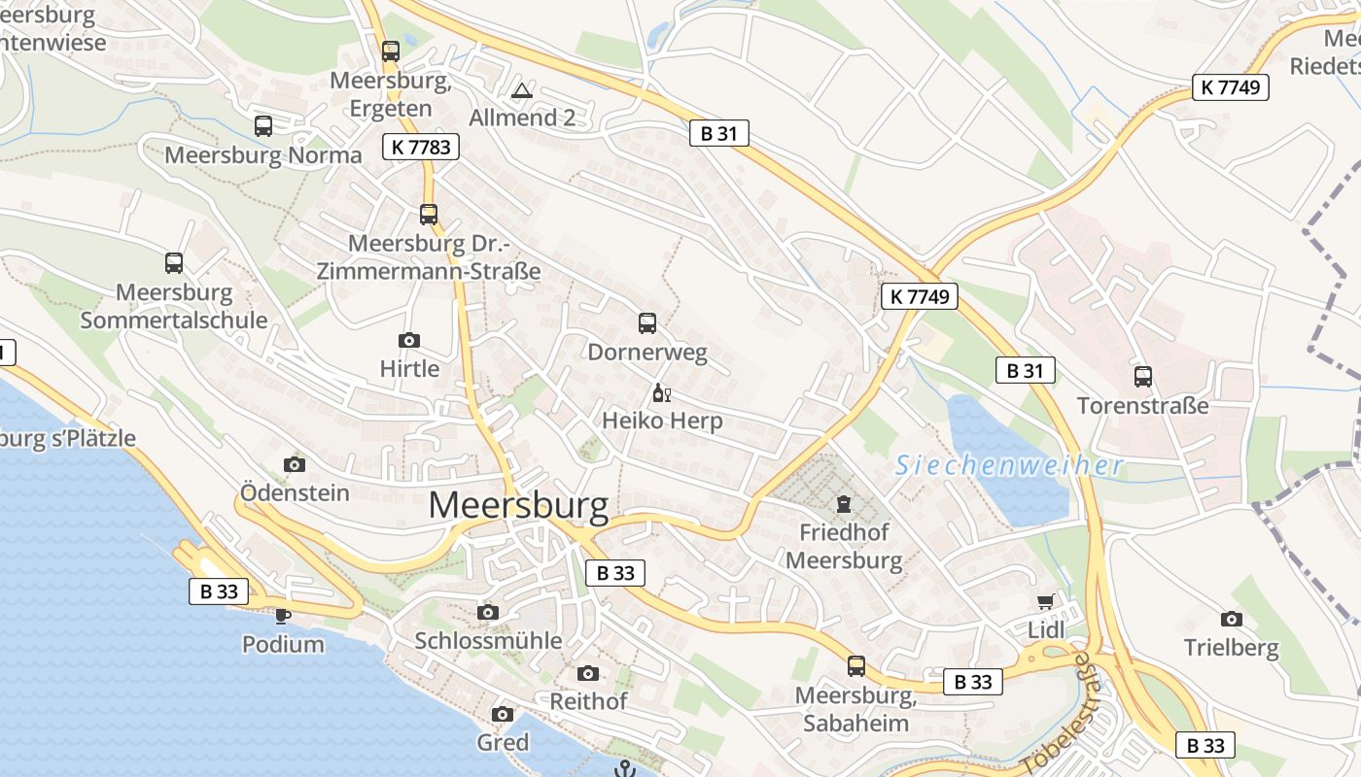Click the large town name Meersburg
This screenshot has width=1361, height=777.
(x=518, y=505)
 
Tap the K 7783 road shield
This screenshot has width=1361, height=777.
(x=420, y=147)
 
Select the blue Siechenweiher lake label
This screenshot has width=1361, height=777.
(x=1009, y=465)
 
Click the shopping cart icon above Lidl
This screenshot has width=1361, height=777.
(x=1046, y=602)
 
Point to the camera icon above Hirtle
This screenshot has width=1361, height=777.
(x=409, y=340)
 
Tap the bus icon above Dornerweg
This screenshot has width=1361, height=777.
(x=647, y=323)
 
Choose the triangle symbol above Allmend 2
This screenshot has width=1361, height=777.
(x=522, y=90)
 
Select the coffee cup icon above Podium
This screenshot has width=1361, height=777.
(x=283, y=616)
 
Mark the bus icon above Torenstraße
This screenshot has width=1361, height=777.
(x=1143, y=376)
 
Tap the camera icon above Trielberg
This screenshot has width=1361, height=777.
(x=1232, y=619)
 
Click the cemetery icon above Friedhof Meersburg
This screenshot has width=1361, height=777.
(x=843, y=504)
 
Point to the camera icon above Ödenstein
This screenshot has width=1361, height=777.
(x=295, y=464)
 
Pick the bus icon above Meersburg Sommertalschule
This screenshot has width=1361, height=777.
(x=174, y=262)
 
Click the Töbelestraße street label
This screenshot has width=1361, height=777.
(x=1057, y=714)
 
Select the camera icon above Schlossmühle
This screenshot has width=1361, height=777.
(x=488, y=612)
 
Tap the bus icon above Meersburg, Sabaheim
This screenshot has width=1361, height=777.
(x=856, y=666)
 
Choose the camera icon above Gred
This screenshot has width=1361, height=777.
(x=503, y=715)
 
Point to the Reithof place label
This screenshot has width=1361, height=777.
(x=588, y=701)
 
